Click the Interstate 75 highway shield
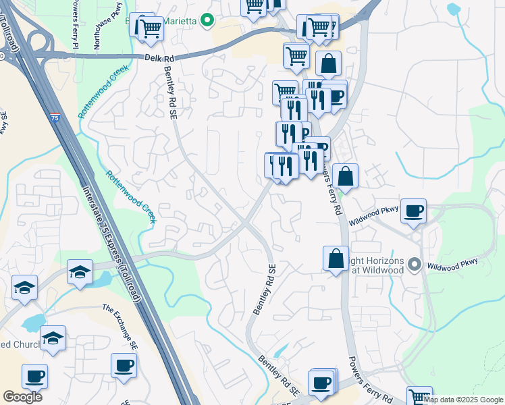(x=54, y=118)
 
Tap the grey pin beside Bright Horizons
(x=415, y=265)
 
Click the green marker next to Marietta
(x=207, y=21)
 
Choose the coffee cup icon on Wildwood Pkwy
(x=413, y=211)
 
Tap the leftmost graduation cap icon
(x=25, y=288)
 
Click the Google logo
(x=22, y=397)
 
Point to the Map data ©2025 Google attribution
(x=464, y=400)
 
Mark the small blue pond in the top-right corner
(x=454, y=9)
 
